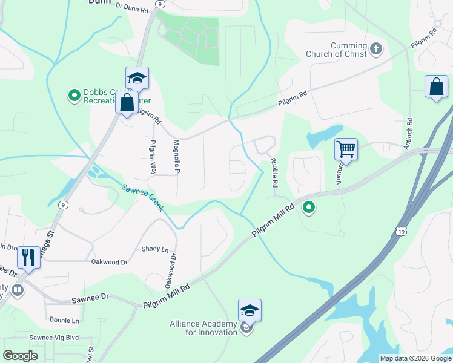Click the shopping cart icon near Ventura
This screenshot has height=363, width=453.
[346, 149]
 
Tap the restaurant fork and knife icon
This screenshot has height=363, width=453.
[28, 257]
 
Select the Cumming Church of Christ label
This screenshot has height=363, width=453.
[349, 50]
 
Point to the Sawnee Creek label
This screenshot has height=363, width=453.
[143, 198]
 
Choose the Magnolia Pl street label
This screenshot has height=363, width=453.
[177, 154]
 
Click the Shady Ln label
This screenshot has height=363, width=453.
[155, 249]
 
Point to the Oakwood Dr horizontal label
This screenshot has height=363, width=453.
[109, 262]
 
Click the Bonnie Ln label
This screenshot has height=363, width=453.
[65, 320]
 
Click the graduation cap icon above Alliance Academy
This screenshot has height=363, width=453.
[250, 310]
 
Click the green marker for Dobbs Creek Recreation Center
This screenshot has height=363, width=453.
[74, 96]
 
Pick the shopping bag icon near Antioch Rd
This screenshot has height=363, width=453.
[436, 87]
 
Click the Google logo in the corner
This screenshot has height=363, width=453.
[21, 356]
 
